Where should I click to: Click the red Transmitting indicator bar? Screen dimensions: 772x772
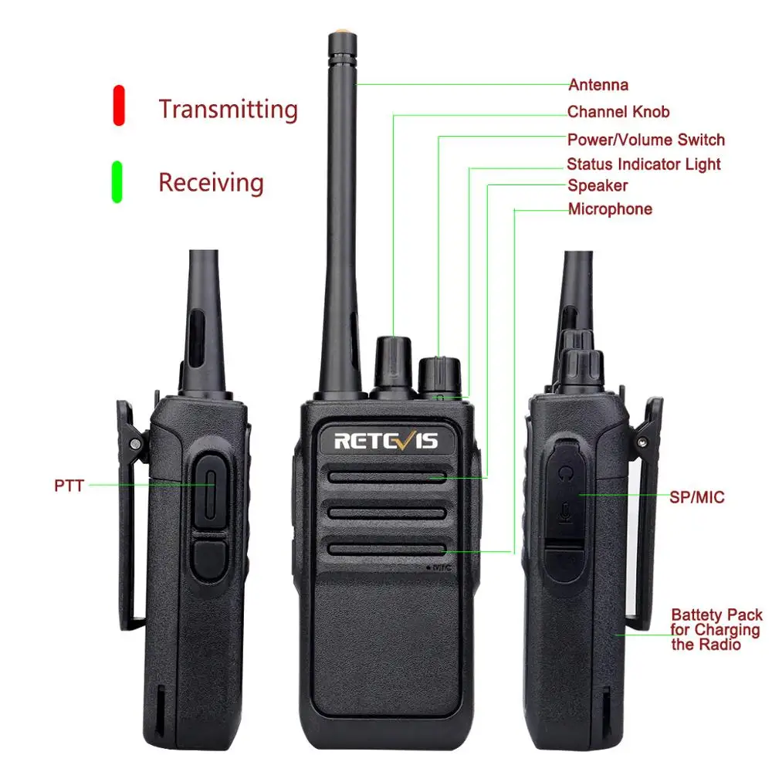click(x=119, y=105)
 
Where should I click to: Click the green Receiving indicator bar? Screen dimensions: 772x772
click(x=117, y=181)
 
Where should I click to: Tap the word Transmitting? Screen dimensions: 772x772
click(x=228, y=109)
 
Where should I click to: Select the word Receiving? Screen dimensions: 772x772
click(x=211, y=183)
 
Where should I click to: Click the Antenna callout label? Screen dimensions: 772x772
click(x=598, y=85)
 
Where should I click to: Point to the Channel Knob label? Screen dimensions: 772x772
click(x=618, y=112)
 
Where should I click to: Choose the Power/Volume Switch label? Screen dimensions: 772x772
click(x=646, y=140)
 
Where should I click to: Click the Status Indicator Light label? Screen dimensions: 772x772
click(x=644, y=164)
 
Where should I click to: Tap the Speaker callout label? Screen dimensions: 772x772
click(x=598, y=185)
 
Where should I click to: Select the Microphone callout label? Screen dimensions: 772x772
click(x=610, y=209)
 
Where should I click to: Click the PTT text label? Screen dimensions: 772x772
click(x=69, y=486)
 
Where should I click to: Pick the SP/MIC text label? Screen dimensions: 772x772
click(x=697, y=497)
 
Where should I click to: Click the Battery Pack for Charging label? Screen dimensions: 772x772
click(x=716, y=629)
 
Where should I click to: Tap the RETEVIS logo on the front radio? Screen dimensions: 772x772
click(x=386, y=441)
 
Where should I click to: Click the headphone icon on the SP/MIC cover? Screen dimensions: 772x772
click(x=568, y=471)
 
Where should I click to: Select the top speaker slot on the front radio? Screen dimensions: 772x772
click(x=387, y=477)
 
